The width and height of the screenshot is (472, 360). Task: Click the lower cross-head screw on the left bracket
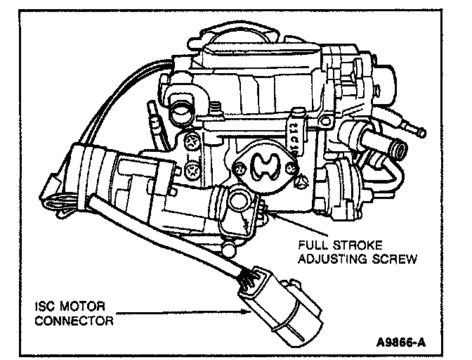point(192,170)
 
